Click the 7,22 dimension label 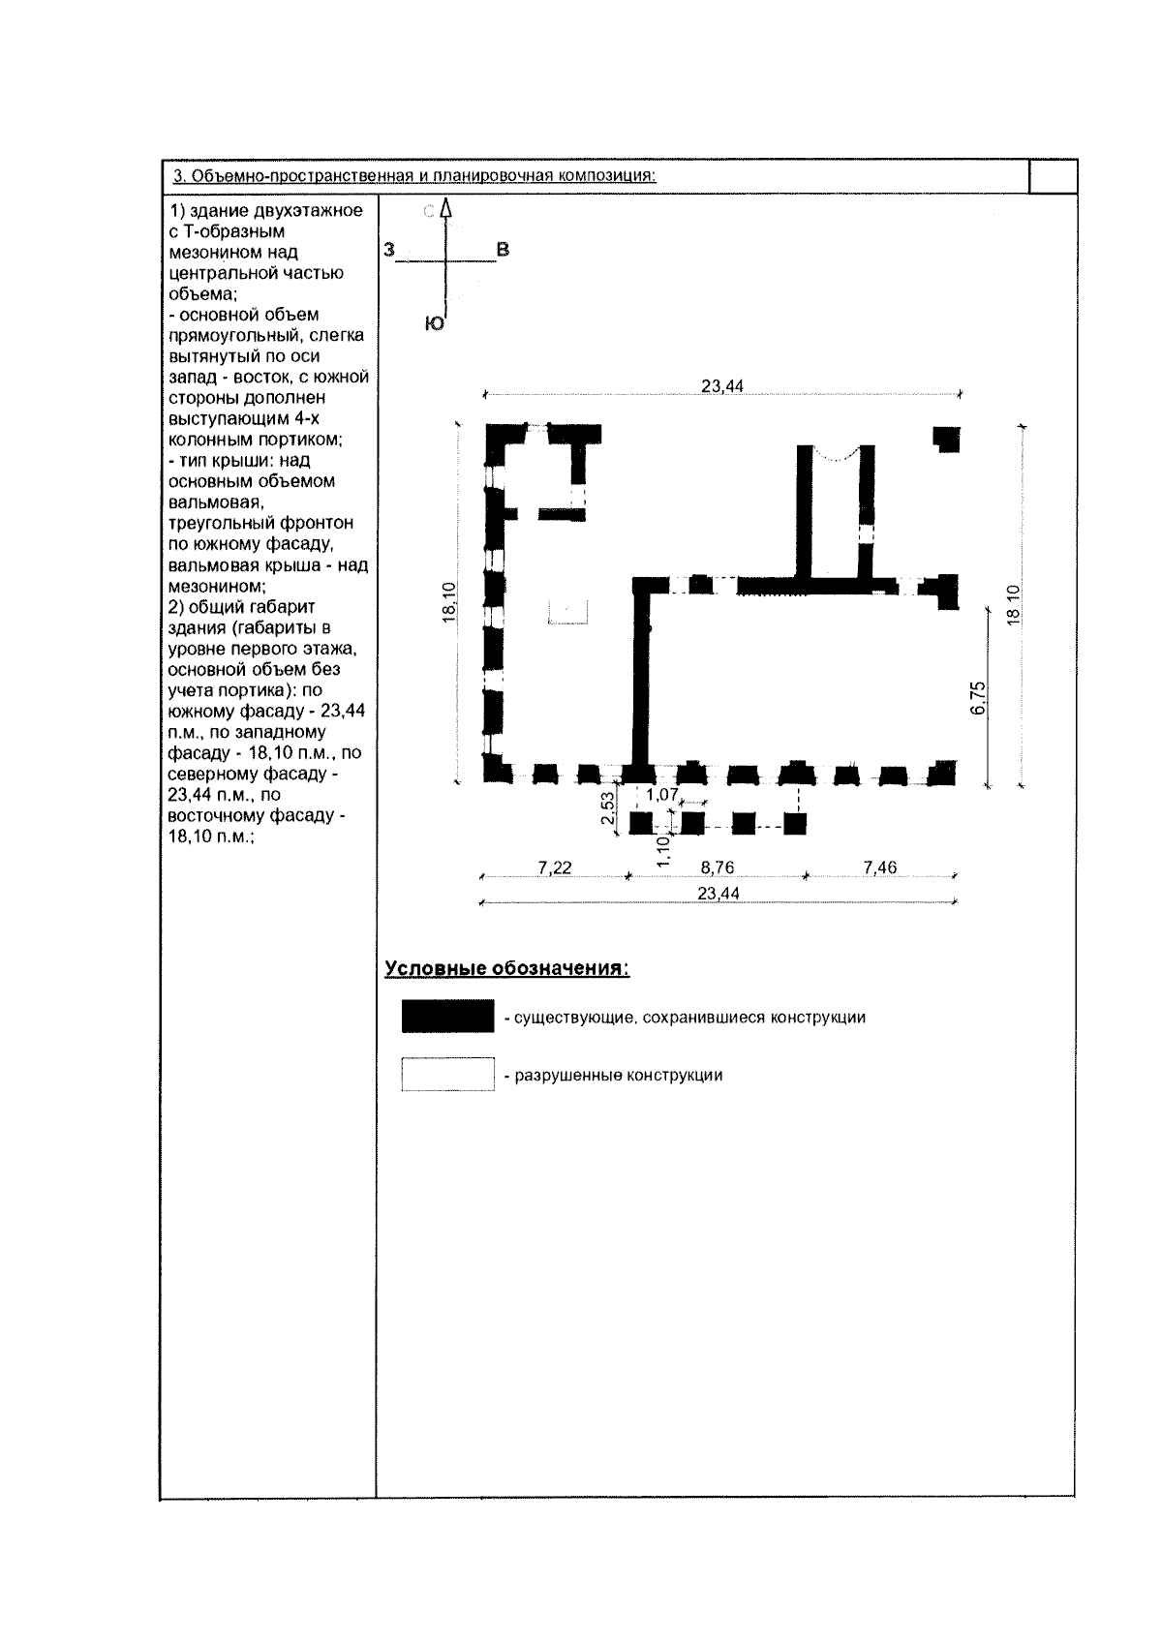click(x=555, y=867)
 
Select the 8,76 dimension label click(x=718, y=867)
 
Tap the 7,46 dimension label click(x=879, y=867)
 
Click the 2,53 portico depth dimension click(x=607, y=809)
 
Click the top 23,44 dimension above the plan click(x=721, y=386)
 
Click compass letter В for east click(x=503, y=250)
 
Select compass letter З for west click(x=389, y=250)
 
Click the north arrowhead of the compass click(x=446, y=207)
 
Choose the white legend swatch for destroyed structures click(x=447, y=1076)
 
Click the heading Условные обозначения click(x=507, y=968)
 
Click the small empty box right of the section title click(x=1053, y=176)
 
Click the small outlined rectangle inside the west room click(x=568, y=612)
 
